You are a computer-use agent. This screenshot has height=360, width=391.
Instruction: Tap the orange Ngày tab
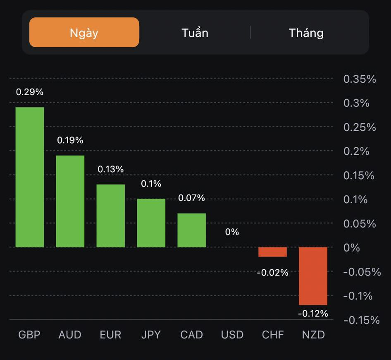click(84, 32)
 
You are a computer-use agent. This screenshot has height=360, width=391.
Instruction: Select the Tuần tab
click(195, 33)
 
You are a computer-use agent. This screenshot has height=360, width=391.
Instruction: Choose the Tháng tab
click(306, 33)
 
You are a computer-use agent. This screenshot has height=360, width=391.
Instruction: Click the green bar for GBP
click(30, 177)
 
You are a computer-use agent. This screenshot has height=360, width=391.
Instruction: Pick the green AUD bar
click(70, 201)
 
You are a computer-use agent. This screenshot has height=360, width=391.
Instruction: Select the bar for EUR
click(111, 216)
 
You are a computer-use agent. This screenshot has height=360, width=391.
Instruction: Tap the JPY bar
click(151, 223)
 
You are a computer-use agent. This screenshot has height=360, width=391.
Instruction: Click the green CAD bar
click(192, 230)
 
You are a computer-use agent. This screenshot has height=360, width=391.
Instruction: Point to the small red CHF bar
click(272, 252)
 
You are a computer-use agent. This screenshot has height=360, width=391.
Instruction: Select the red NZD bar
click(313, 276)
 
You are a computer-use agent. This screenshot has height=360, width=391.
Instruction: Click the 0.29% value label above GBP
click(30, 92)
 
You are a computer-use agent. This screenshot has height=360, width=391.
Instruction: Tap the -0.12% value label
click(313, 314)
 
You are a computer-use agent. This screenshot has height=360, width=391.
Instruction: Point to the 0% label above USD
click(232, 232)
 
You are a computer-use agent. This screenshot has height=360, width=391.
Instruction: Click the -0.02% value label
click(272, 273)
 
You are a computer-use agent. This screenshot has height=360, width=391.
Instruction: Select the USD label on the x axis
click(232, 334)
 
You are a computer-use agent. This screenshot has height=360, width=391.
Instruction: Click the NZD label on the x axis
click(313, 334)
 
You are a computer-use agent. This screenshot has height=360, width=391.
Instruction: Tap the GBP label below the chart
click(30, 334)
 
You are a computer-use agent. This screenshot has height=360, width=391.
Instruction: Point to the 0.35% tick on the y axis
click(360, 79)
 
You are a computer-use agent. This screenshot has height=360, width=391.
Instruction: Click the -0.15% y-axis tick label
click(361, 320)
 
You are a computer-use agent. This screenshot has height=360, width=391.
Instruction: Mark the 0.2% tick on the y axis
click(356, 151)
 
